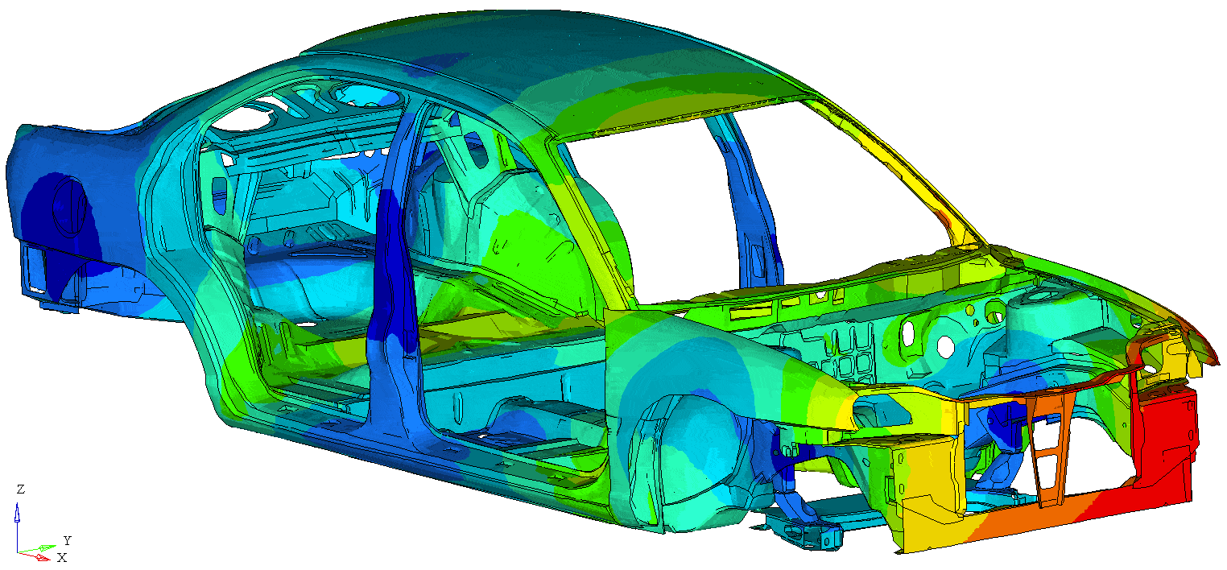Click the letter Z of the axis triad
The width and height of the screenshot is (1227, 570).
tap(20, 489)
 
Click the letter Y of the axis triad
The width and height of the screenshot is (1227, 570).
tap(68, 541)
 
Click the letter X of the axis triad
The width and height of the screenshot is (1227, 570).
tap(62, 558)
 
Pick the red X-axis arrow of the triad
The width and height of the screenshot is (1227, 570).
tap(34, 556)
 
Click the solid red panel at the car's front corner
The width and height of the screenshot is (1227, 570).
tap(1161, 438)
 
